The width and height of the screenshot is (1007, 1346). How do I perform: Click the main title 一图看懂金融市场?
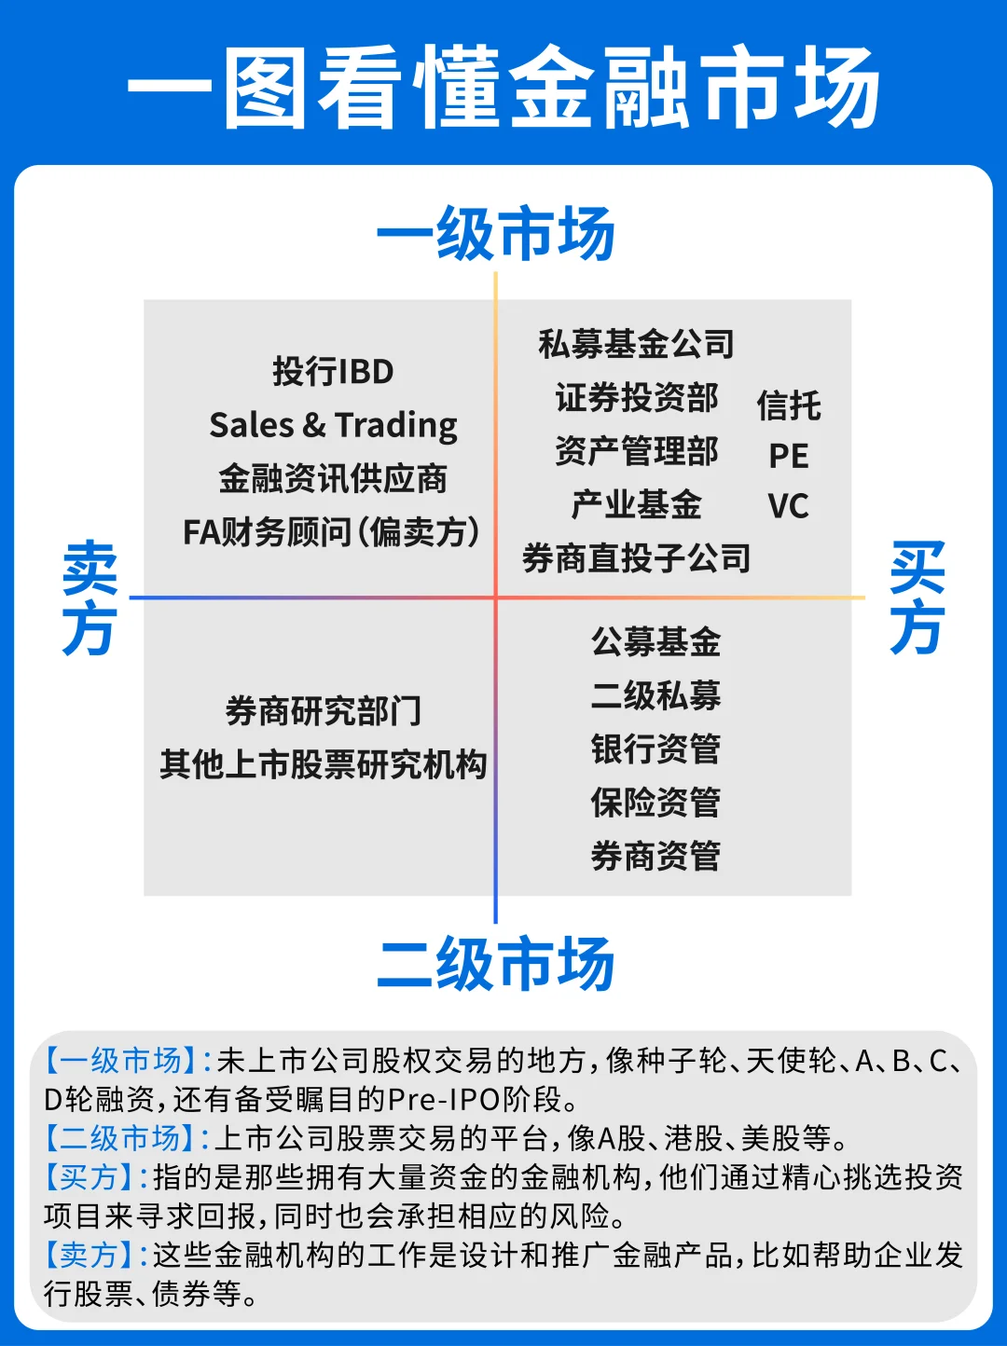(x=504, y=89)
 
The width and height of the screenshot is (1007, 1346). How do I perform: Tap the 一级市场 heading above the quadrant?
(x=495, y=234)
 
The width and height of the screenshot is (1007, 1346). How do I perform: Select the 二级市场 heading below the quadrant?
(x=495, y=964)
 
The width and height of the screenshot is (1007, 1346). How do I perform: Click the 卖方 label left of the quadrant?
(x=89, y=597)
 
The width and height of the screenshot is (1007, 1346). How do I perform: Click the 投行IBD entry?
(x=333, y=371)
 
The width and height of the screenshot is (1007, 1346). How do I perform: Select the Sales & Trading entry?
(x=333, y=425)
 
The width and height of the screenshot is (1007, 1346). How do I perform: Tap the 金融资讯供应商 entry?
(x=333, y=478)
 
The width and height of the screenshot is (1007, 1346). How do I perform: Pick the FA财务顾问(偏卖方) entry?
(x=331, y=532)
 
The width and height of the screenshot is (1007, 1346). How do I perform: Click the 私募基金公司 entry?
(x=636, y=344)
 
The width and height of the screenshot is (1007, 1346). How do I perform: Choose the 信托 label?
(x=789, y=405)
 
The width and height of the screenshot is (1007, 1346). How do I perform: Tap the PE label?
(x=789, y=456)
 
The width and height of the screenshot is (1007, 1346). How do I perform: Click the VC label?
(x=789, y=506)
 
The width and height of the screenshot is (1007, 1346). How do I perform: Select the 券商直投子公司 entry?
(x=636, y=558)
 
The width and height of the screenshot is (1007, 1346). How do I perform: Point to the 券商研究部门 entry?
(x=323, y=710)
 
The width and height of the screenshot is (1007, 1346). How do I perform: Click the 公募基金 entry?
(x=655, y=641)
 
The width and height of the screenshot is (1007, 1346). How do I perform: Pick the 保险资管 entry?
(x=655, y=802)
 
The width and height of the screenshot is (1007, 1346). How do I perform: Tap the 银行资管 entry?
(x=655, y=749)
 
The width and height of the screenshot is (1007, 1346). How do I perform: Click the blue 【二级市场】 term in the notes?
(x=120, y=1138)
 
